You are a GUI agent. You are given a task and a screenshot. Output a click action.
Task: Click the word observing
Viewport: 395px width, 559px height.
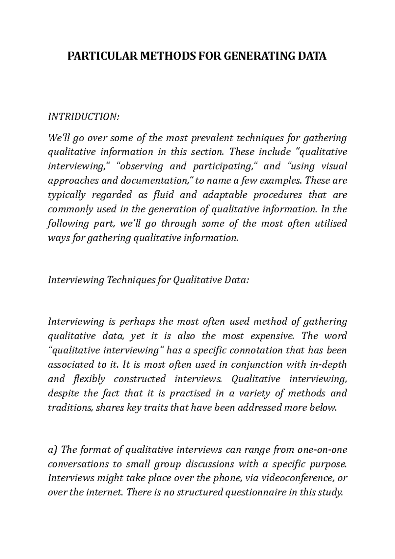(140, 166)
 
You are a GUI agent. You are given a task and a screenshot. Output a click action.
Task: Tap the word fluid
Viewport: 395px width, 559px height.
(162, 195)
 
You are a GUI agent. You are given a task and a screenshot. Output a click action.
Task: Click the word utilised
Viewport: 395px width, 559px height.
(331, 224)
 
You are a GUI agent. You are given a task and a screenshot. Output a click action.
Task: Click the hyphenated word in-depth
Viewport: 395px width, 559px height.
(329, 365)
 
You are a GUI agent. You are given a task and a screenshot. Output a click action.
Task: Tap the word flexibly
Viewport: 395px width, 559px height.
(88, 379)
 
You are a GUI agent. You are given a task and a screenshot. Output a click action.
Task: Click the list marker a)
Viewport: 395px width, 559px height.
(53, 450)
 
